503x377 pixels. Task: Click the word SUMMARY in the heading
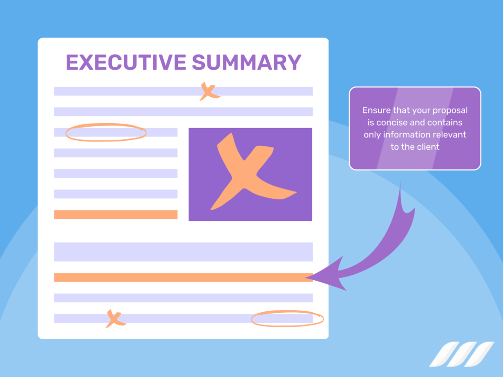[246, 63]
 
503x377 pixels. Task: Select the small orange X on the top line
[208, 91]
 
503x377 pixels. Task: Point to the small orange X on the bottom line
[115, 319]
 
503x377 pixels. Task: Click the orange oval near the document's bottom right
[287, 319]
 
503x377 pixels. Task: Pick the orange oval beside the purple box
[106, 132]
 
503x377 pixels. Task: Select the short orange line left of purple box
[115, 215]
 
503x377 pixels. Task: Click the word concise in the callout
[392, 122]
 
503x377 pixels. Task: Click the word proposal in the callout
[450, 110]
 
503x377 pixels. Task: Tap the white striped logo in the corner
[461, 354]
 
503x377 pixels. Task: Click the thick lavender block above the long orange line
[183, 251]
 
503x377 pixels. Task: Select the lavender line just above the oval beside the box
[183, 111]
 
